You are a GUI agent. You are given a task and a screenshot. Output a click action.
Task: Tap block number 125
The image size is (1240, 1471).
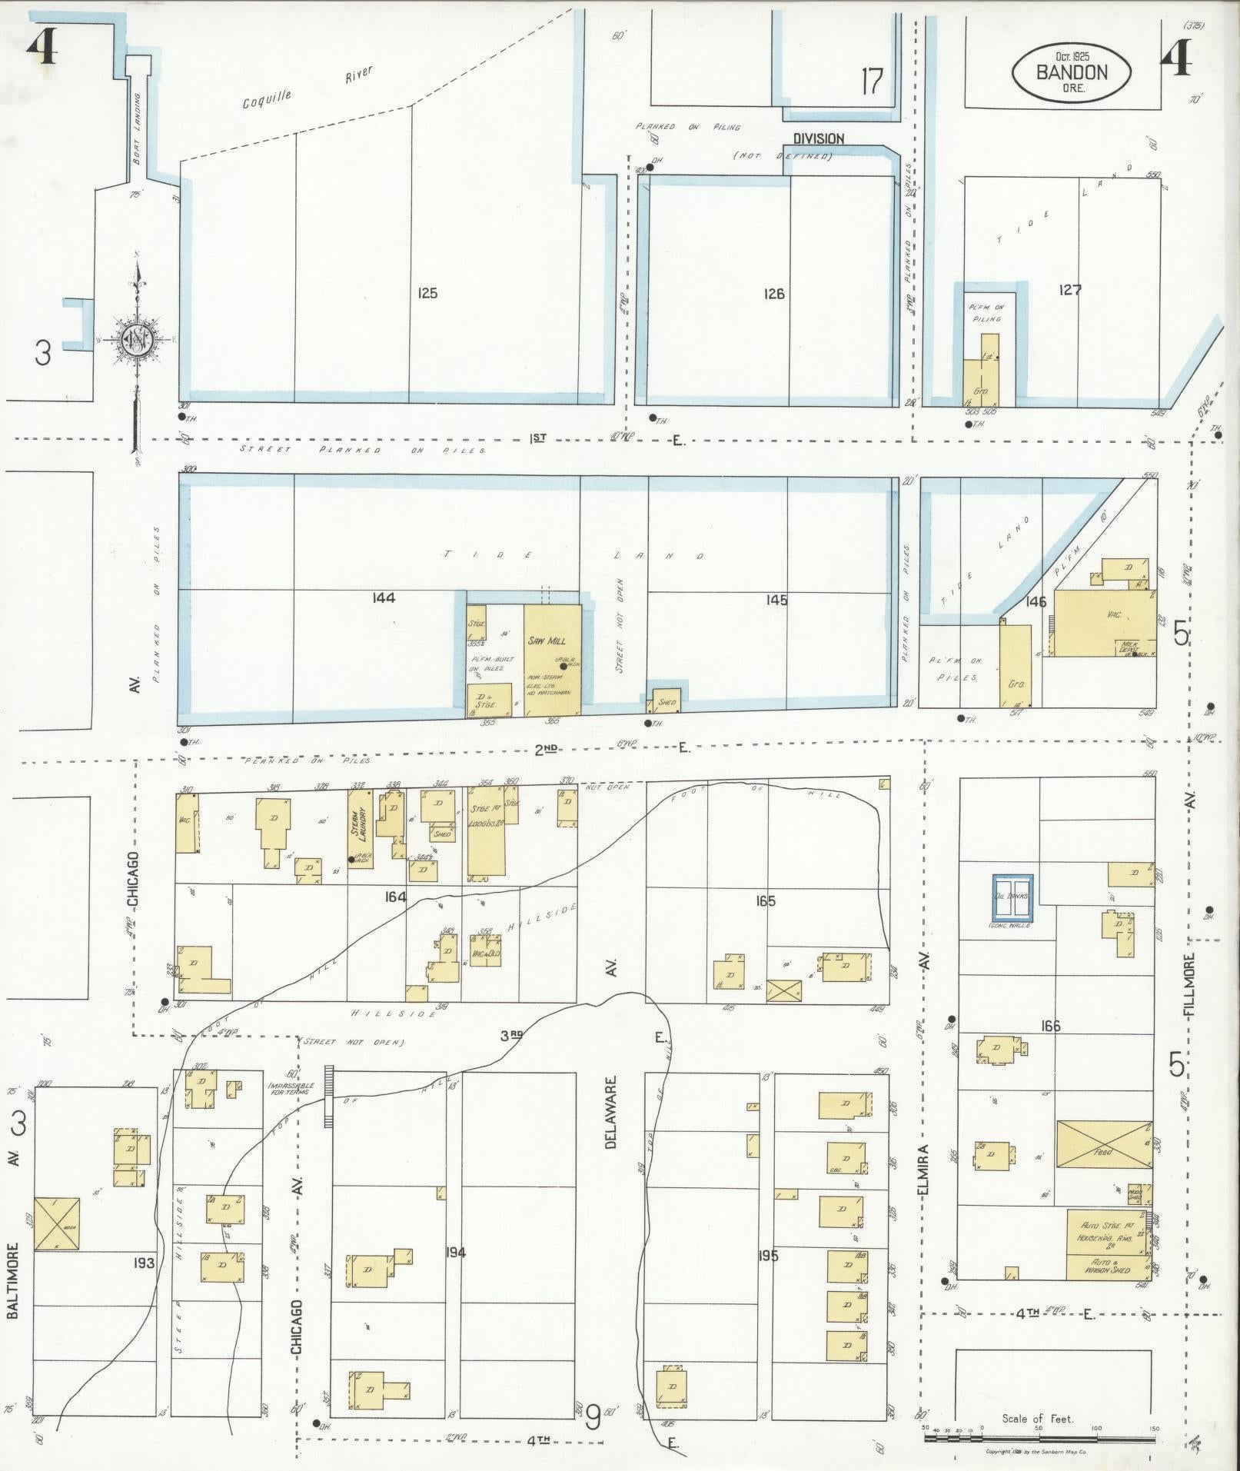[x=427, y=293]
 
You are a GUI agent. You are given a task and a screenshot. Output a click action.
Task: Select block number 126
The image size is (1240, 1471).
[x=774, y=293]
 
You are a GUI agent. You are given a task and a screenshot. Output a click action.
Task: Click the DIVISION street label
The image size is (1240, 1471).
[x=819, y=138]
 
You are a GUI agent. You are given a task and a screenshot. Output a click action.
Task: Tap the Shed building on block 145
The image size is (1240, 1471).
[x=667, y=701]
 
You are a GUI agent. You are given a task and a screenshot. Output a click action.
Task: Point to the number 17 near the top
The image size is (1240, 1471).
[x=872, y=81]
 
